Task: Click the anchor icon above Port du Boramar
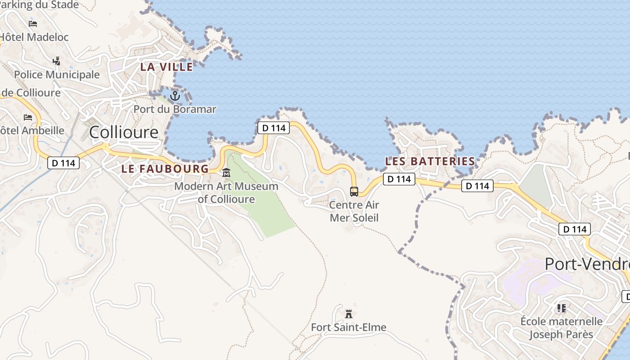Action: click(175, 95)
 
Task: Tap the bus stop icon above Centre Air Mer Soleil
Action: click(354, 192)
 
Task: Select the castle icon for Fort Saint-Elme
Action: click(348, 313)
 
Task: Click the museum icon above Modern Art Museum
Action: click(226, 172)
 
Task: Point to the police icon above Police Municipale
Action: click(57, 61)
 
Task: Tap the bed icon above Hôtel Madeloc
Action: click(33, 23)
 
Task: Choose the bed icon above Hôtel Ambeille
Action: click(28, 117)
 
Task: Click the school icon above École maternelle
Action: click(561, 308)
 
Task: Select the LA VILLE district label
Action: click(166, 67)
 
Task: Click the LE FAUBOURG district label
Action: click(165, 169)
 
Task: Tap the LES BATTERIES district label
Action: click(430, 161)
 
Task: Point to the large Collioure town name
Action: click(124, 132)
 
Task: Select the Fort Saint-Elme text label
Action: click(349, 327)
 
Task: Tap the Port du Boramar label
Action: click(175, 109)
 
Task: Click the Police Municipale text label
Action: click(57, 74)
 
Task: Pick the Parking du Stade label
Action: click(40, 5)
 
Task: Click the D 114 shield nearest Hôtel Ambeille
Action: click(63, 163)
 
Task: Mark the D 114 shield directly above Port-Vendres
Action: click(575, 229)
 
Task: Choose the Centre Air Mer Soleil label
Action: click(354, 211)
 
